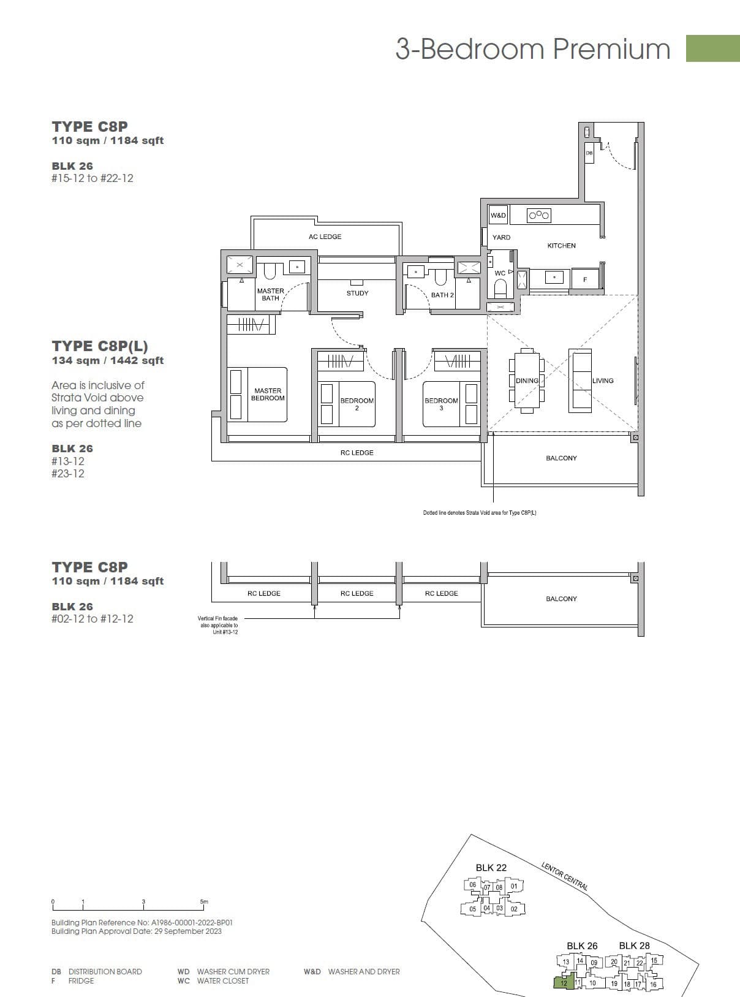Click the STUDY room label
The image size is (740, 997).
[357, 293]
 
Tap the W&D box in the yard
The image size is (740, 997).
[498, 215]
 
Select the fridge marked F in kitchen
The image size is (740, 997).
[585, 279]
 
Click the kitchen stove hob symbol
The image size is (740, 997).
[539, 215]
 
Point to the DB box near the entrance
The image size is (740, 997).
[589, 153]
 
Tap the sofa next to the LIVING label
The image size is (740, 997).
[580, 381]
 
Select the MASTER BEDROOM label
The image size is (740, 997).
[268, 394]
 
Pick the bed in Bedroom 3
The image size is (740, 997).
[450, 404]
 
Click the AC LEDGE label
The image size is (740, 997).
[325, 237]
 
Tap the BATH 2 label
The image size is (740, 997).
[442, 295]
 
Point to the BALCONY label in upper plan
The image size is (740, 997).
[561, 458]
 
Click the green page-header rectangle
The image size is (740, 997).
[712, 48]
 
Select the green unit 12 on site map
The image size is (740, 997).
[564, 982]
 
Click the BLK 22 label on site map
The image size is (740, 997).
[491, 867]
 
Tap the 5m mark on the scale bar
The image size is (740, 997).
[204, 902]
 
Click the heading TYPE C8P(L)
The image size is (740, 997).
[100, 346]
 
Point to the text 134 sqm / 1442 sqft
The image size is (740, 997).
[108, 360]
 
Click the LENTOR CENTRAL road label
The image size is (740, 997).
[564, 876]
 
